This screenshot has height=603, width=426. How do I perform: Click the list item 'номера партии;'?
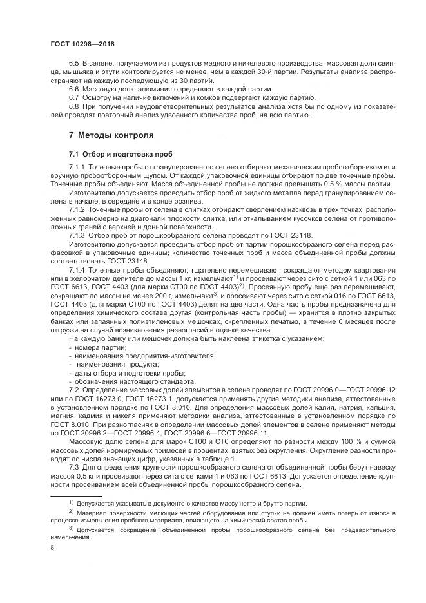(96, 348)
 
